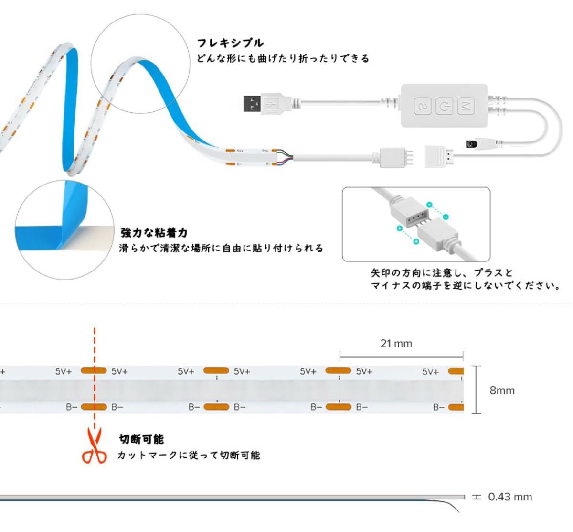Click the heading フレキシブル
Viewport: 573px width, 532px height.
(x=230, y=43)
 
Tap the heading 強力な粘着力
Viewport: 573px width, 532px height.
(x=154, y=232)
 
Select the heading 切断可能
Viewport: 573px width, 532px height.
(x=141, y=439)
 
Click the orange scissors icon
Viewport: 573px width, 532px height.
(x=95, y=445)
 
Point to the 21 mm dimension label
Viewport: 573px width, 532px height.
(x=396, y=343)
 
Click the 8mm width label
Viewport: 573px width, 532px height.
(x=502, y=391)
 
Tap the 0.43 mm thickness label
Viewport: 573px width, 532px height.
(x=510, y=497)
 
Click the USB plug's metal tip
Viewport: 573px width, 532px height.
(x=252, y=104)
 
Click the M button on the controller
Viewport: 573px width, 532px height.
(x=466, y=106)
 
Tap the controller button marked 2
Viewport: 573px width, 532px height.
(x=423, y=106)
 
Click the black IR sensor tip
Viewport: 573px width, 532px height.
(x=471, y=144)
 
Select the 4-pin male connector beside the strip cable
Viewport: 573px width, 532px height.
(x=396, y=158)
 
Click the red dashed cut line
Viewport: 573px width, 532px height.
(x=95, y=379)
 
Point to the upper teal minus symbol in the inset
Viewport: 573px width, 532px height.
(x=429, y=205)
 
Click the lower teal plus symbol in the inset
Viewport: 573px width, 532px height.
(x=416, y=241)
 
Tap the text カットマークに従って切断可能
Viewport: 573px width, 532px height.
(x=189, y=456)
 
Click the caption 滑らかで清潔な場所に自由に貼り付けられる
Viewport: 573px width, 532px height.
(x=221, y=248)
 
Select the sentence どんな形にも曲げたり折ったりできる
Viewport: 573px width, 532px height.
(x=283, y=59)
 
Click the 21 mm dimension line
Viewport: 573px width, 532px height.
(x=401, y=356)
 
